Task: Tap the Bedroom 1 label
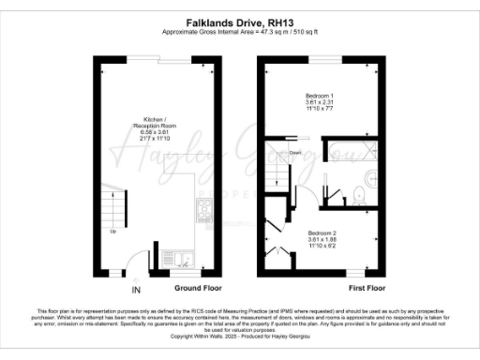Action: pyautogui.click(x=320, y=97)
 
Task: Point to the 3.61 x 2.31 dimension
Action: pyautogui.click(x=320, y=103)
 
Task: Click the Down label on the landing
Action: pyautogui.click(x=294, y=151)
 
